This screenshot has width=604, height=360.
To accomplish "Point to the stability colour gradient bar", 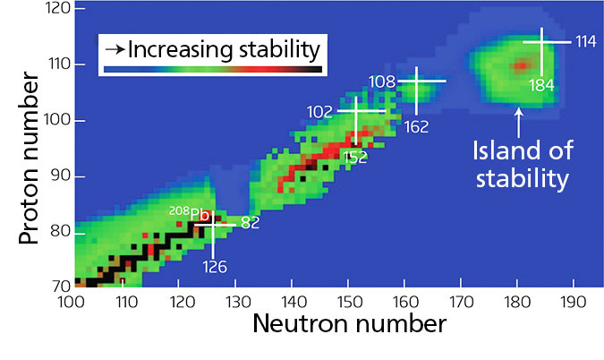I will tap(212, 68).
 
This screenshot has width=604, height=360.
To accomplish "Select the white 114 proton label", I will tap(585, 42).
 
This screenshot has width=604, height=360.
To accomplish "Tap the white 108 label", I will tap(381, 81).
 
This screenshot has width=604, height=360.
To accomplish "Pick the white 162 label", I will tap(416, 126).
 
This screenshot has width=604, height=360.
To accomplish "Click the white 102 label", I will tap(321, 112).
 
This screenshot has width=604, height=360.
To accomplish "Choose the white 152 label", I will tap(355, 158).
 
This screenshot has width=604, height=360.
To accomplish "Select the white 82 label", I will tap(250, 223).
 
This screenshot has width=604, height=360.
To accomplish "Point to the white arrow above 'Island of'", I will tap(518, 120).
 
